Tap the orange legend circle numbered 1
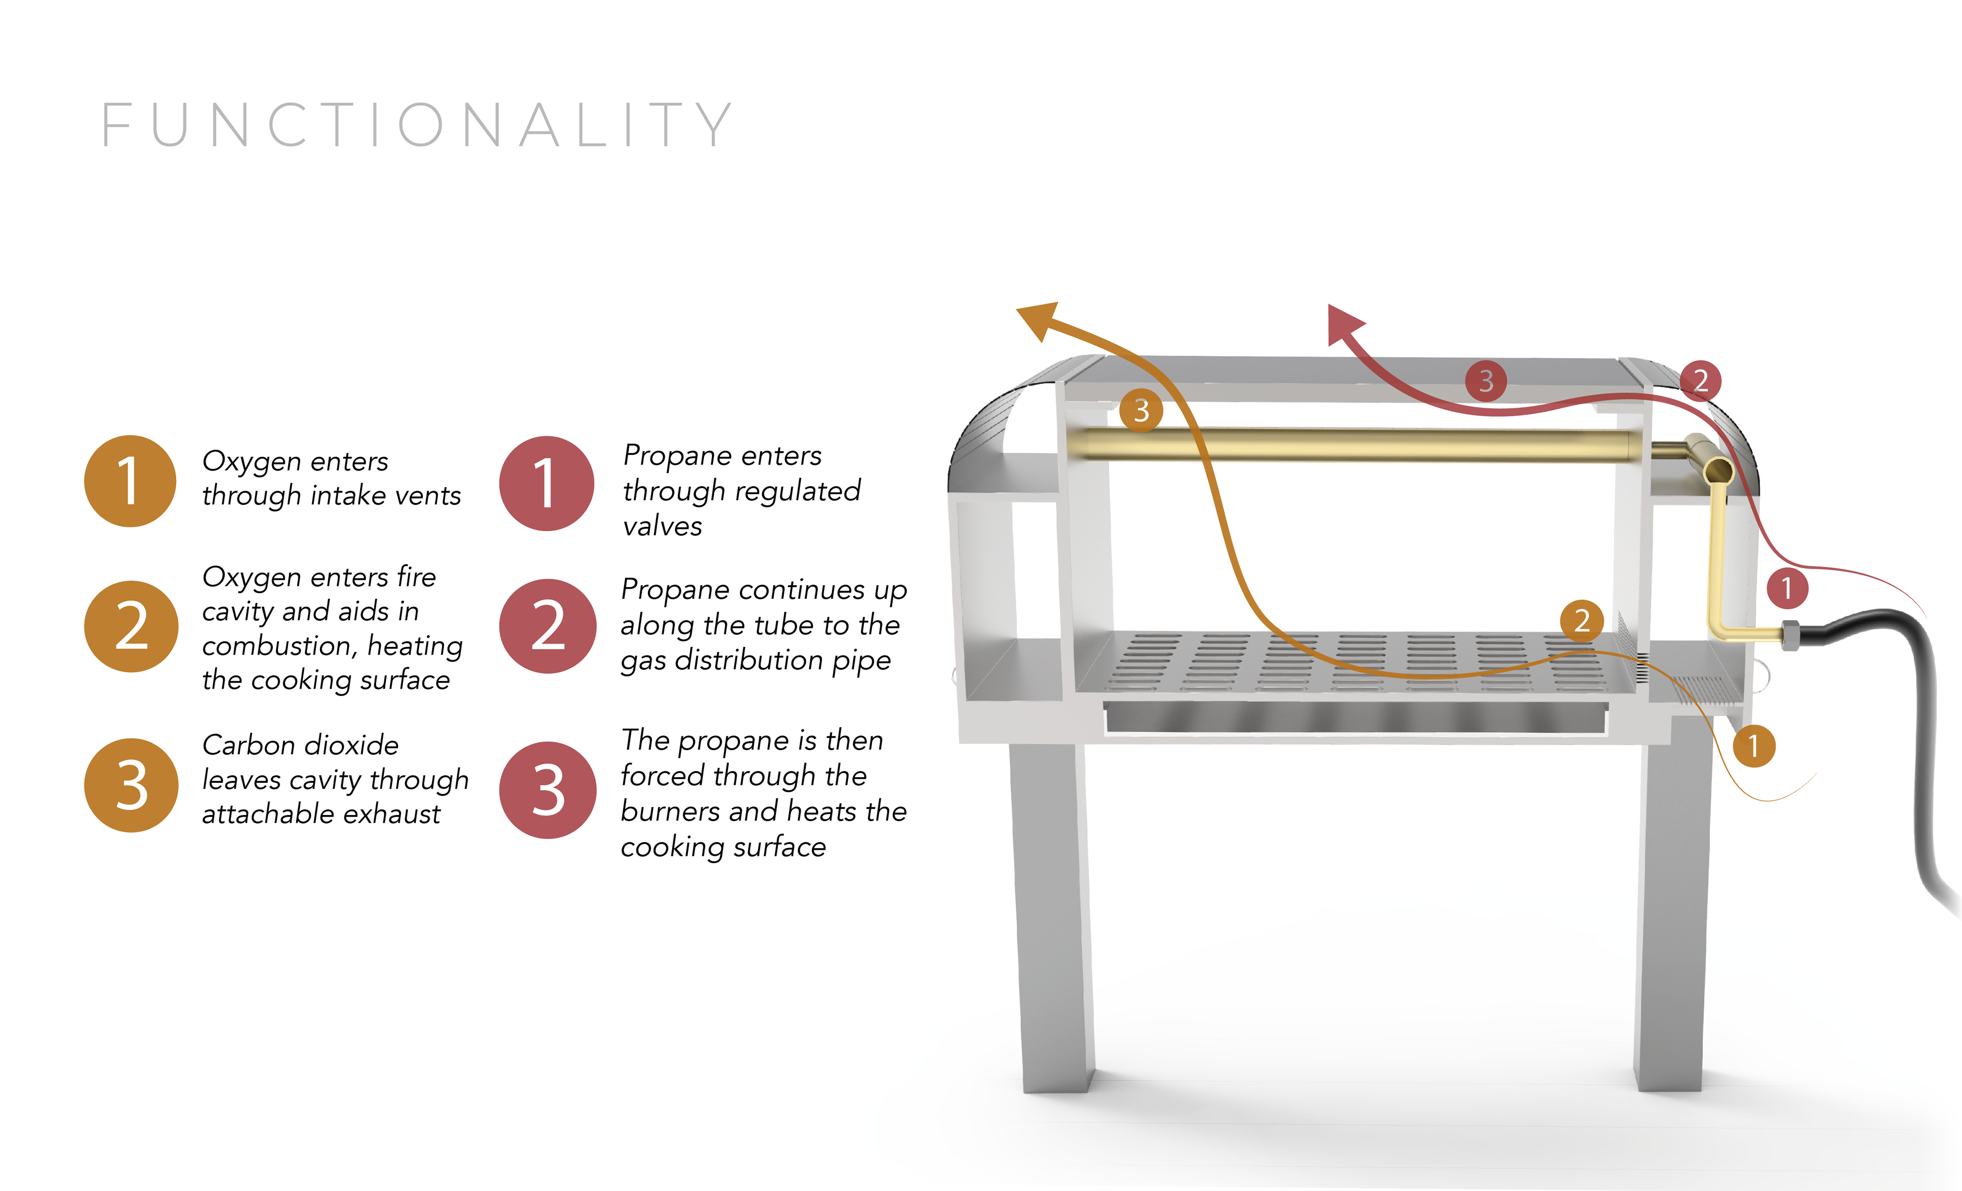tap(130, 481)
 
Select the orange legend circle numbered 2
tap(131, 626)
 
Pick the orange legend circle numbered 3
tap(131, 785)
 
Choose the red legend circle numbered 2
tap(547, 626)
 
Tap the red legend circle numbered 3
tap(547, 790)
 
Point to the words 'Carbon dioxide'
tap(300, 745)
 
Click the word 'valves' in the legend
tap(663, 526)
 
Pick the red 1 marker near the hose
tap(1787, 588)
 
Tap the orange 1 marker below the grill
tap(1754, 746)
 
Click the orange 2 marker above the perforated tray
tap(1581, 620)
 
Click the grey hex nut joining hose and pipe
tap(1789, 635)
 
